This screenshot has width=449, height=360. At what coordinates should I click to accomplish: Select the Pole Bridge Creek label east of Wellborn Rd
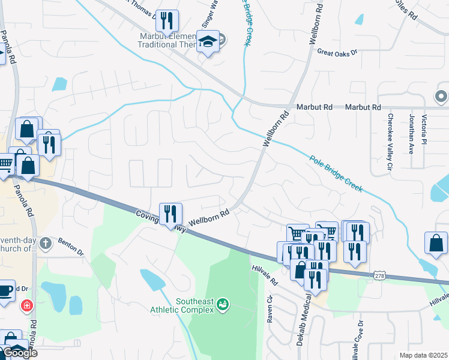coord(336,174)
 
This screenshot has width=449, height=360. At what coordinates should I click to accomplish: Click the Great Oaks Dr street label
coord(337,53)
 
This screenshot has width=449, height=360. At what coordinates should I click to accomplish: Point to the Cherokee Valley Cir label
coord(390,140)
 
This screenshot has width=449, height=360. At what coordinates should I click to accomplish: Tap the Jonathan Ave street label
coord(412,134)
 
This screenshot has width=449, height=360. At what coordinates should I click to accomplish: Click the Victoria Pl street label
coord(424,129)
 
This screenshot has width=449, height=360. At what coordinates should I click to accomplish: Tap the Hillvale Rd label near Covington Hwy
coord(265,275)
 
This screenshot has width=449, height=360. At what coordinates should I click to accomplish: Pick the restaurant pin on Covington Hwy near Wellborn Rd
coord(170,214)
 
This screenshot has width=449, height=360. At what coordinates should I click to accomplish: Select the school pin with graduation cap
coord(208,42)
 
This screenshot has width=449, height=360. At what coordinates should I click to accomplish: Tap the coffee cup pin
coord(5,290)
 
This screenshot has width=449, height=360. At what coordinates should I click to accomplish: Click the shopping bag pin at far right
coord(436,242)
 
